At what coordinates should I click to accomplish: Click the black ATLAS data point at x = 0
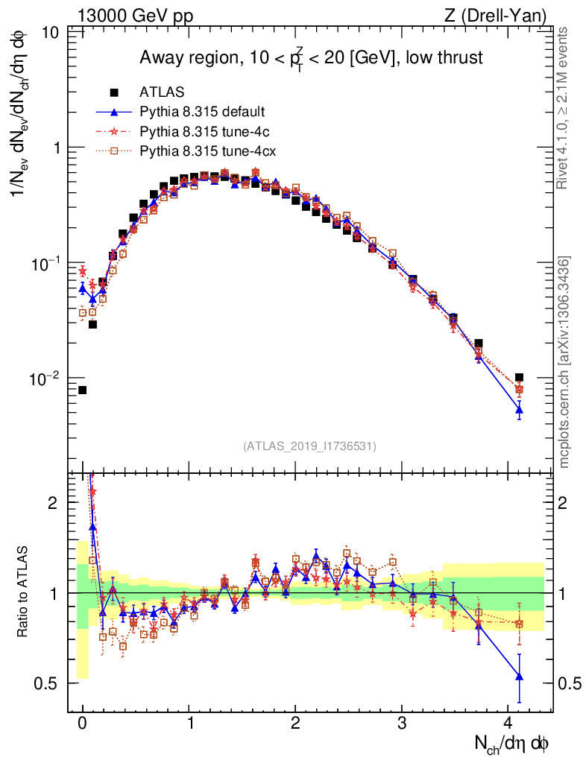point(83,390)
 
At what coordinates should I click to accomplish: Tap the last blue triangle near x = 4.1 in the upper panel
point(519,409)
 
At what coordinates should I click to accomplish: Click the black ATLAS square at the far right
point(519,378)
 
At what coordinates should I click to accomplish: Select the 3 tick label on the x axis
point(402,723)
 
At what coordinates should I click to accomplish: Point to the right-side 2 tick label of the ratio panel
point(565,503)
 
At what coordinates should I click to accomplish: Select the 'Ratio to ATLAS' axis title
point(24,592)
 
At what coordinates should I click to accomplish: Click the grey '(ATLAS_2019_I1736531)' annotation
point(309,446)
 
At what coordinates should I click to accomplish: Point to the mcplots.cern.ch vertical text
point(564,361)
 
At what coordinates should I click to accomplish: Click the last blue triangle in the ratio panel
point(519,677)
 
